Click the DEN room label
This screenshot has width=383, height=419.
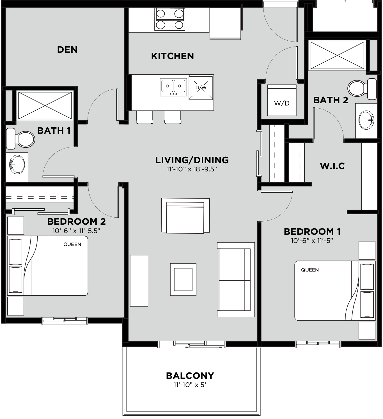click(67, 50)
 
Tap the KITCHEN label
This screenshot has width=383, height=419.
click(173, 56)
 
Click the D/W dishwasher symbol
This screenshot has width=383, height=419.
click(201, 88)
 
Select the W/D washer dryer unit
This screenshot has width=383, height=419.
click(282, 100)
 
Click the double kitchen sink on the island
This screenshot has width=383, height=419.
click(173, 87)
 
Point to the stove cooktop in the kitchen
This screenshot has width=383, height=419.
click(170, 19)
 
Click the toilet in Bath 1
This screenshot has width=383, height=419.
click(20, 139)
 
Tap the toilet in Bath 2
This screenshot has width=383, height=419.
click(362, 89)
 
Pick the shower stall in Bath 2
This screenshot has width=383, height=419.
click(337, 55)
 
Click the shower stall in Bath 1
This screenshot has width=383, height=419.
click(45, 106)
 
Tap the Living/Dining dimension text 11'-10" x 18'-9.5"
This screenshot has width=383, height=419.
click(191, 169)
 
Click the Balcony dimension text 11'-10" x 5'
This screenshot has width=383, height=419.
click(190, 385)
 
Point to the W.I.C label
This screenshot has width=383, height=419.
click(332, 166)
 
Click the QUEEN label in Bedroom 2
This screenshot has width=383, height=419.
click(72, 244)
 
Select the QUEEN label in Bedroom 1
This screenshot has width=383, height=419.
click(310, 270)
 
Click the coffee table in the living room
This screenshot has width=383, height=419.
click(183, 279)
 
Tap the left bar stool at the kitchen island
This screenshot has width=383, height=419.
click(145, 117)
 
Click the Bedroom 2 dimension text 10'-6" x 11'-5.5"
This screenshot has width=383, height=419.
click(76, 231)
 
